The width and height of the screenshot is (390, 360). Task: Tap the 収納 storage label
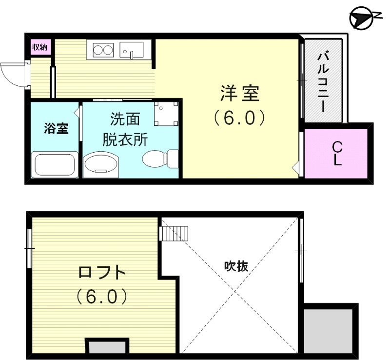(x=39, y=47)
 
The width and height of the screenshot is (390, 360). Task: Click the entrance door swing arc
(x=13, y=74)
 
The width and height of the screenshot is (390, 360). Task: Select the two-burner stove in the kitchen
(x=101, y=50)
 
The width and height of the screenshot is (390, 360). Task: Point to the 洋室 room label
(x=239, y=94)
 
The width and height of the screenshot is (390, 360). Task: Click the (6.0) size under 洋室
(x=239, y=117)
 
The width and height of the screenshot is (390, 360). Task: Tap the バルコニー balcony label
(x=322, y=81)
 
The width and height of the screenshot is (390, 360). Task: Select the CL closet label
(x=337, y=153)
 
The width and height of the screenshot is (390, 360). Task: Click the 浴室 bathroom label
(x=55, y=129)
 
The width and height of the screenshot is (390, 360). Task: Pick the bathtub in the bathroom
(x=53, y=165)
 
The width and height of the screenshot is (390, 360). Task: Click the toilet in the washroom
(x=159, y=158)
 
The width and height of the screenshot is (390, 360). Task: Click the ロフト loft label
(x=102, y=272)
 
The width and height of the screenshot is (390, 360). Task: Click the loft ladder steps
(x=173, y=233)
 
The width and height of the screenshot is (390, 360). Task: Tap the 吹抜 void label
(x=236, y=266)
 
